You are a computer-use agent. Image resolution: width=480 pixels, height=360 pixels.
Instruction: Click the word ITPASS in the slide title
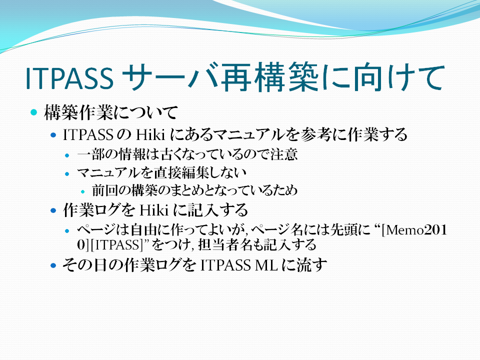tap(69, 78)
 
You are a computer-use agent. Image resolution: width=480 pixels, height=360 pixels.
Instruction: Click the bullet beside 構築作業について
tap(34, 112)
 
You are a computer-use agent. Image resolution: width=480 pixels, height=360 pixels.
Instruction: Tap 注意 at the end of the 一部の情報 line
tap(284, 154)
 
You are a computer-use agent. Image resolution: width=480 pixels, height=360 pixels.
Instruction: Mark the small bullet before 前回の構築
tap(82, 192)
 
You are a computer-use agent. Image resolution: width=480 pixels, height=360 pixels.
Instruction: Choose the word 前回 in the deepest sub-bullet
tap(104, 190)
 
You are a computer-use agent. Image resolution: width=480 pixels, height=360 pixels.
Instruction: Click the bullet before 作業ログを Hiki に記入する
tap(53, 210)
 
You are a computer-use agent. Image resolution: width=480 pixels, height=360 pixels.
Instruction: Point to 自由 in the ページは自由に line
tap(144, 230)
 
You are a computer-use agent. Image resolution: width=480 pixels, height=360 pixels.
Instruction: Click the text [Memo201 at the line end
tap(414, 230)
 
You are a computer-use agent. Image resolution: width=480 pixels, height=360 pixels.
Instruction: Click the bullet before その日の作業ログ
tap(53, 265)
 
